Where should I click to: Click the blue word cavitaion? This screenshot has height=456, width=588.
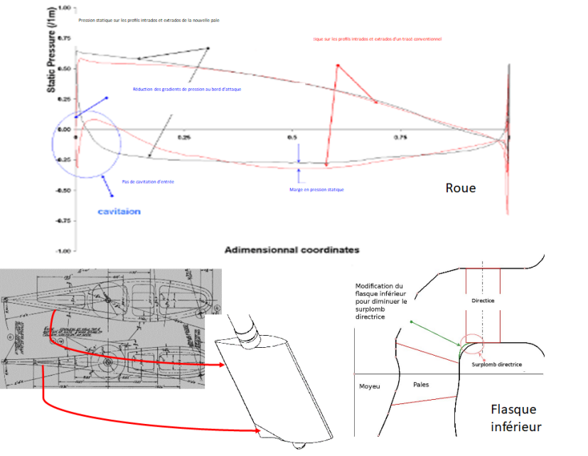tap(118, 211)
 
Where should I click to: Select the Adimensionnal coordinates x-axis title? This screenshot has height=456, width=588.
tap(292, 250)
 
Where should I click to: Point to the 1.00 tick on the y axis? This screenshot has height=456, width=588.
tap(65, 8)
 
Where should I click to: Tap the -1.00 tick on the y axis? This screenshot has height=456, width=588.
tap(63, 251)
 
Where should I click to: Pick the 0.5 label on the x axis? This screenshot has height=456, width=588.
tap(292, 136)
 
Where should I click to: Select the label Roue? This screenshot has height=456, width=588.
tap(461, 189)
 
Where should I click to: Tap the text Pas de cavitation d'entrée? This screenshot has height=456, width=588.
tap(149, 182)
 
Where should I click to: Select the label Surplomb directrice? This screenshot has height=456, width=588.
tap(497, 364)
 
